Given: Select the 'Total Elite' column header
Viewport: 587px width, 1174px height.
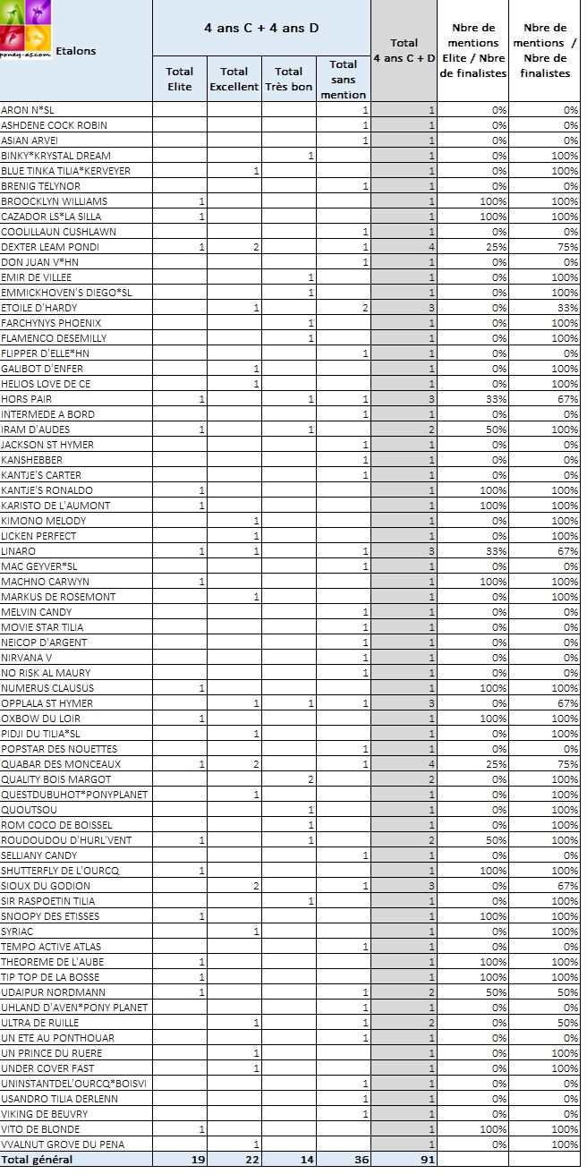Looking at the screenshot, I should [x=179, y=79].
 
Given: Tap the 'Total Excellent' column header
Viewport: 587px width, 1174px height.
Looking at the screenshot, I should [x=234, y=79].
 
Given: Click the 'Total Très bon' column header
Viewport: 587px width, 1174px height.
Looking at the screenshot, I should [x=288, y=79].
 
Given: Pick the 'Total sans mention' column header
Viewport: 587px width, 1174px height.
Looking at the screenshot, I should [x=343, y=79].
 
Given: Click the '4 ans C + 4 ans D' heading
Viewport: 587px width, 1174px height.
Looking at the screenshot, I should [x=261, y=28].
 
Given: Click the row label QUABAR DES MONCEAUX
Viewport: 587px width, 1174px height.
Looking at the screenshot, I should [x=60, y=764].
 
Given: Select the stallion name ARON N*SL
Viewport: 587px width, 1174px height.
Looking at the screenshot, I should [x=28, y=110].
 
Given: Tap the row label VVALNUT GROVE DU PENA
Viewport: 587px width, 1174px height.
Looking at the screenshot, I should [x=63, y=1144].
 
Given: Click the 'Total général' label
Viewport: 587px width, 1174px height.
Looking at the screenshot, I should [x=37, y=1160].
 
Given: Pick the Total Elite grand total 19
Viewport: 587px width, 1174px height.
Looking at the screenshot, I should [x=198, y=1160].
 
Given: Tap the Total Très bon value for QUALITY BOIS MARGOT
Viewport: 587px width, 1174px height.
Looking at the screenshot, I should [x=310, y=779].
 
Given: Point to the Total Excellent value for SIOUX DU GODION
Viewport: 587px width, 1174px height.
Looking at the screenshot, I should [x=256, y=886].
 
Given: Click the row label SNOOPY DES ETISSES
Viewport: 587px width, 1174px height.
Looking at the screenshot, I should [x=50, y=916].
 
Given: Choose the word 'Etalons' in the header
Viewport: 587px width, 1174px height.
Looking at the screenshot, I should [x=76, y=51].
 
